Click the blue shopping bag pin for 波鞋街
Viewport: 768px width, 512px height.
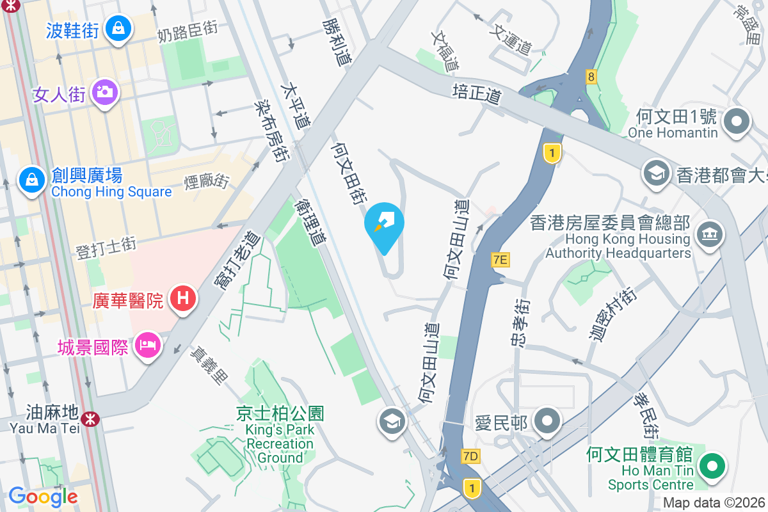pos(118,29)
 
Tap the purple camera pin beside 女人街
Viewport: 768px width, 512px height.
pos(104,92)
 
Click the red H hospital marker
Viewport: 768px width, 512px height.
pos(183,299)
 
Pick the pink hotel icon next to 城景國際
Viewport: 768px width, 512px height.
pos(148,346)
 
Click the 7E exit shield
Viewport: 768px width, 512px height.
pos(500,259)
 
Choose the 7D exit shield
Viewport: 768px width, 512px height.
pos(470,456)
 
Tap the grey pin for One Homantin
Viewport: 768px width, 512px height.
pos(737,121)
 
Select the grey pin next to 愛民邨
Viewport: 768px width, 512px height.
pos(547,422)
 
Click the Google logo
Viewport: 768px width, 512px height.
pos(43,496)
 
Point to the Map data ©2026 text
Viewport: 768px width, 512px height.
pos(713,503)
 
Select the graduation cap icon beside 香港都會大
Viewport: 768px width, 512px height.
pos(656,173)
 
